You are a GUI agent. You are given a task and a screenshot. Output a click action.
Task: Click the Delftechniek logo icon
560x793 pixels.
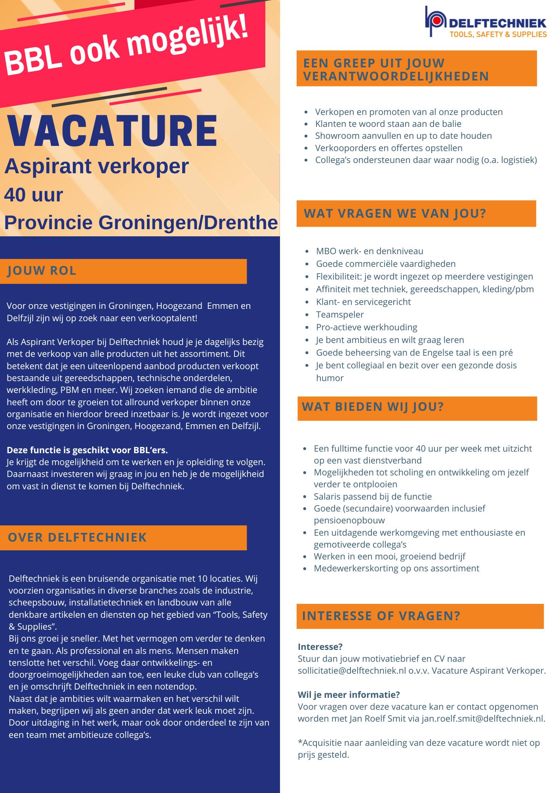click(435, 21)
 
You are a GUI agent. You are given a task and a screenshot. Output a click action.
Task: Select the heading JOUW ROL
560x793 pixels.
click(42, 271)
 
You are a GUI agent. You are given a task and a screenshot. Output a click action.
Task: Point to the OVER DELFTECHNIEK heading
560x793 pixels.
click(77, 537)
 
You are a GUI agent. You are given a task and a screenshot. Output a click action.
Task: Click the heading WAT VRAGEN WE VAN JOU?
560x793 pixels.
click(395, 213)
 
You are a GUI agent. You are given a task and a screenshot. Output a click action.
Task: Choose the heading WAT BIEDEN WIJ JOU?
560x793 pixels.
click(373, 406)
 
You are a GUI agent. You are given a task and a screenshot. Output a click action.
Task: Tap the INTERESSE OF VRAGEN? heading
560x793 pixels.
click(381, 616)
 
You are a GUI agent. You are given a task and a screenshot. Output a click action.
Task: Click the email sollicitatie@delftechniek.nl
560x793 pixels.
click(352, 670)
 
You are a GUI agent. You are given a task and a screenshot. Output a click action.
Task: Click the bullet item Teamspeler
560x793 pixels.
click(340, 314)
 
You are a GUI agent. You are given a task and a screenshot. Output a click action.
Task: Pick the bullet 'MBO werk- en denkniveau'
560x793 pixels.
click(370, 251)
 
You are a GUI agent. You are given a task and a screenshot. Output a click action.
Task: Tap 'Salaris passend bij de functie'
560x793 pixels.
click(373, 496)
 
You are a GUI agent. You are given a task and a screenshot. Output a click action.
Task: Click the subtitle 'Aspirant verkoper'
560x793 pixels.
click(97, 166)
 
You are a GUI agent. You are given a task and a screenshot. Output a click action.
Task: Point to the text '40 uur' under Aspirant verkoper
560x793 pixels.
click(34, 195)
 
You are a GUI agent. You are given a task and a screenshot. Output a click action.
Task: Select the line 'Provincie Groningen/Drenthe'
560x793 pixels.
click(141, 223)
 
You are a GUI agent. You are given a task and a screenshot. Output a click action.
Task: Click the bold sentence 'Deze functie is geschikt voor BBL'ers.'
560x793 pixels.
click(88, 450)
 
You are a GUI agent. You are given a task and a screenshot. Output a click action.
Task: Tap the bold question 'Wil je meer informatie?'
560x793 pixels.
click(349, 695)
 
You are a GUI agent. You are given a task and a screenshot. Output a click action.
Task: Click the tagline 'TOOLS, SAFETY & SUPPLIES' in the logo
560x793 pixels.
click(498, 34)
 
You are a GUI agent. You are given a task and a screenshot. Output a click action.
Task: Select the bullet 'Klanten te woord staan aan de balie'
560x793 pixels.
click(388, 124)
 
